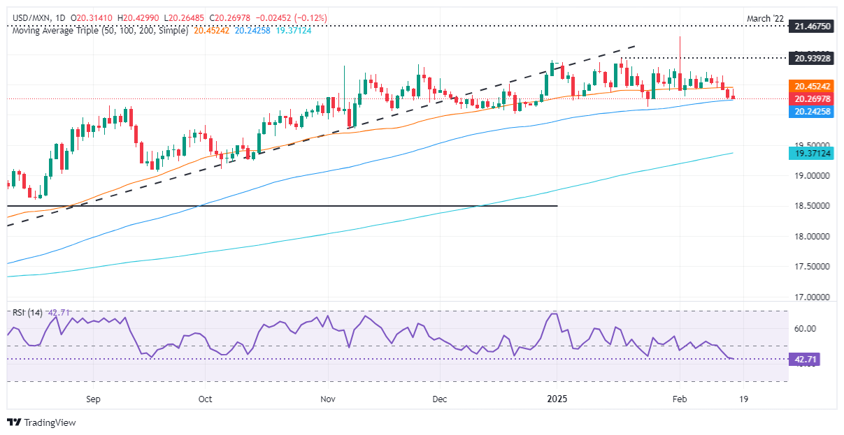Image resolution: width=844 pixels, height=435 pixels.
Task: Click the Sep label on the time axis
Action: point(94,399)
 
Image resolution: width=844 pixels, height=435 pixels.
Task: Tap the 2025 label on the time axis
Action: point(557,399)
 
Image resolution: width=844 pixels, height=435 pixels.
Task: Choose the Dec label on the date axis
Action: point(440,399)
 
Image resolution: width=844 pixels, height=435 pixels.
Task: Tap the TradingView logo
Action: point(41,422)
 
